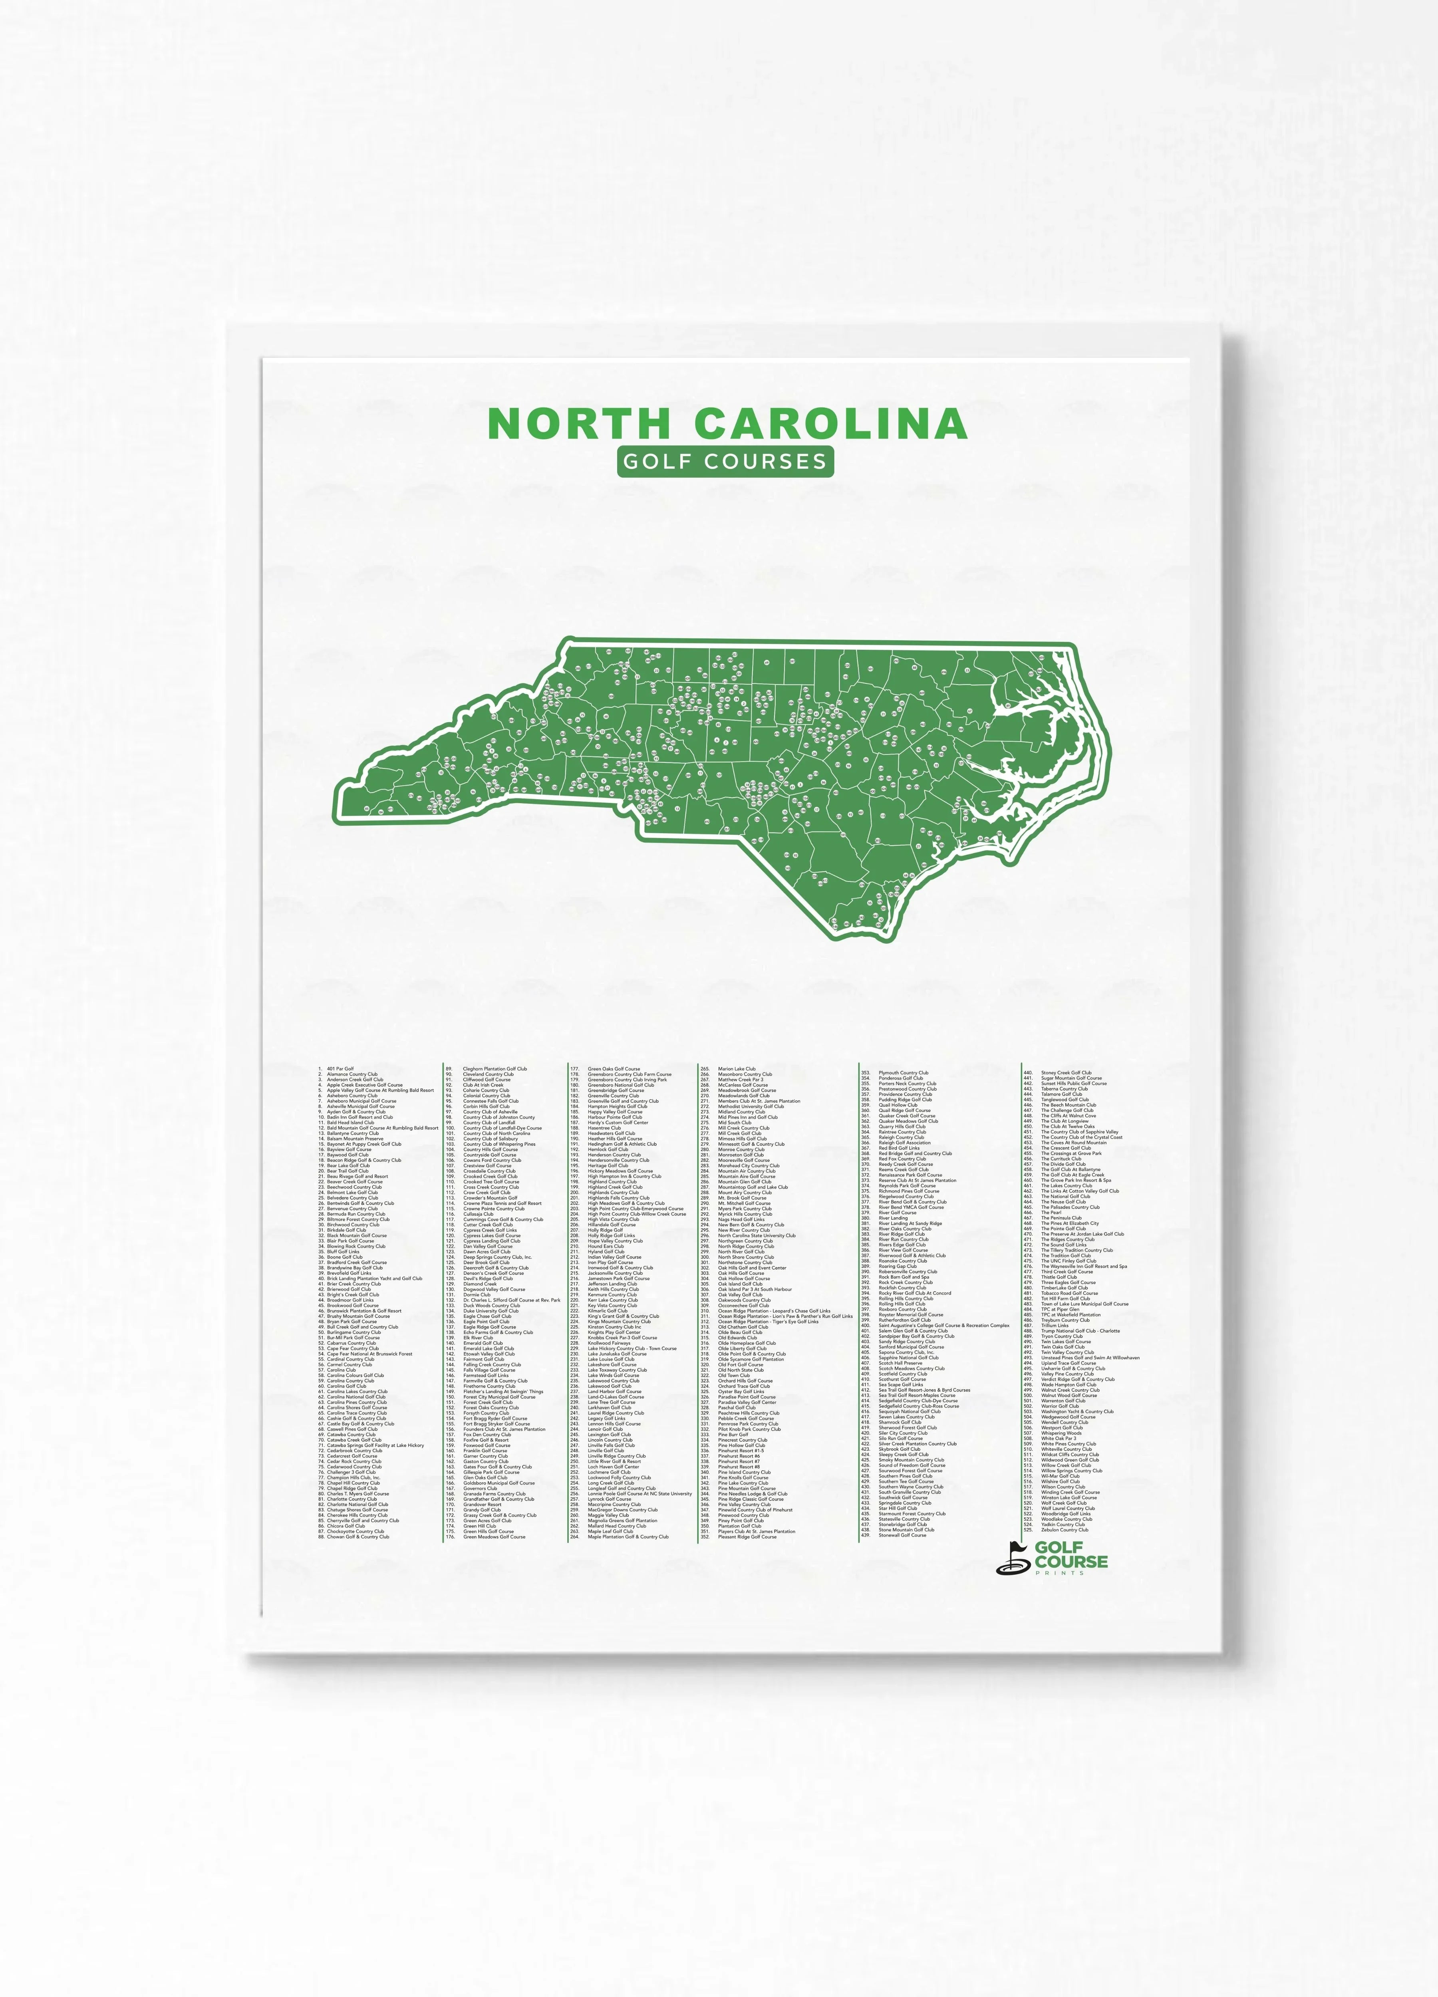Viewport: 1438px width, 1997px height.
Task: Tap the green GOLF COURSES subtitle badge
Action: click(725, 461)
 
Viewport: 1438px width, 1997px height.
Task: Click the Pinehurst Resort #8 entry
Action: click(740, 1467)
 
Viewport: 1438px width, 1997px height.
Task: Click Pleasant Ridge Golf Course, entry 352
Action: click(747, 1536)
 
